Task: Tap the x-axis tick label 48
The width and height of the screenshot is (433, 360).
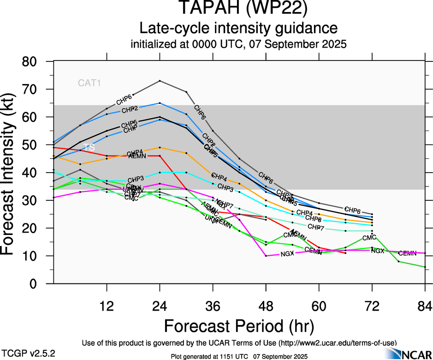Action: coord(266,306)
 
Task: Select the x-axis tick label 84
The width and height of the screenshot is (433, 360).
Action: coord(425,306)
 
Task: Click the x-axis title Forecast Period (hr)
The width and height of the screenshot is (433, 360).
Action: coord(239,326)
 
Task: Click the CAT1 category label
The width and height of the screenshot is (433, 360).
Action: coord(89,83)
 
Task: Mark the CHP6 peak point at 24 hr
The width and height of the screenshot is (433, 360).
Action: coord(160,81)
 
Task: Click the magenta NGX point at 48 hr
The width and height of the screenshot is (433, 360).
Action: coord(266,256)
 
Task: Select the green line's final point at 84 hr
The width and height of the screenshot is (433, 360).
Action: coord(425,267)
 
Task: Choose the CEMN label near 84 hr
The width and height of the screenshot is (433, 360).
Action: coord(408,253)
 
